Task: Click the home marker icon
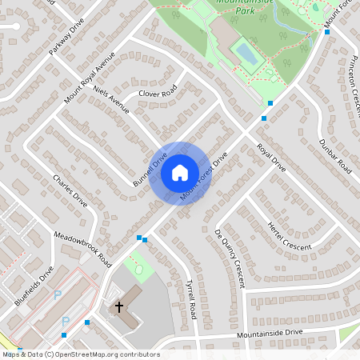coord(180,173)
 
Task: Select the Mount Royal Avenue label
coord(90,78)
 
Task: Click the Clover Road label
coord(156,93)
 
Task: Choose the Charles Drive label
coord(70,190)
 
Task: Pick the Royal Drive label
coord(270,158)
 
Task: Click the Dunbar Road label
coord(334,156)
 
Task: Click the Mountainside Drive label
coord(270,332)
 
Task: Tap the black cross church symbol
coord(119,306)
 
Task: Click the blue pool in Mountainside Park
coord(244,54)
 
